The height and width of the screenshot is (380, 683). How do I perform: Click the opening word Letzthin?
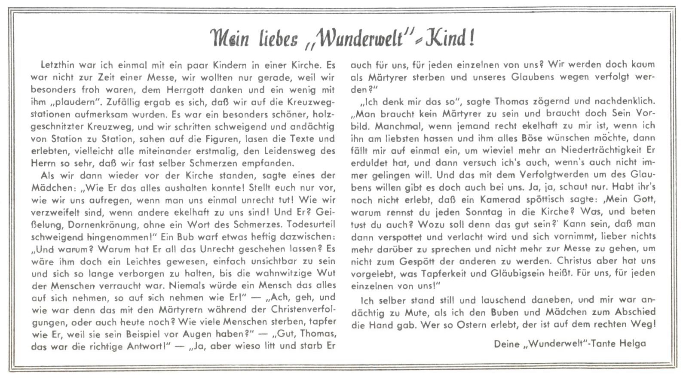coord(58,66)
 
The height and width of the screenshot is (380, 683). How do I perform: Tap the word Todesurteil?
coord(310,224)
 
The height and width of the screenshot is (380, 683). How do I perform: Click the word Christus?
coord(576,261)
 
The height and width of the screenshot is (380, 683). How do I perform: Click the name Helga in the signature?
coord(632,344)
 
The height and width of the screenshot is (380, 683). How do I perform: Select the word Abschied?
coord(633,312)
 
